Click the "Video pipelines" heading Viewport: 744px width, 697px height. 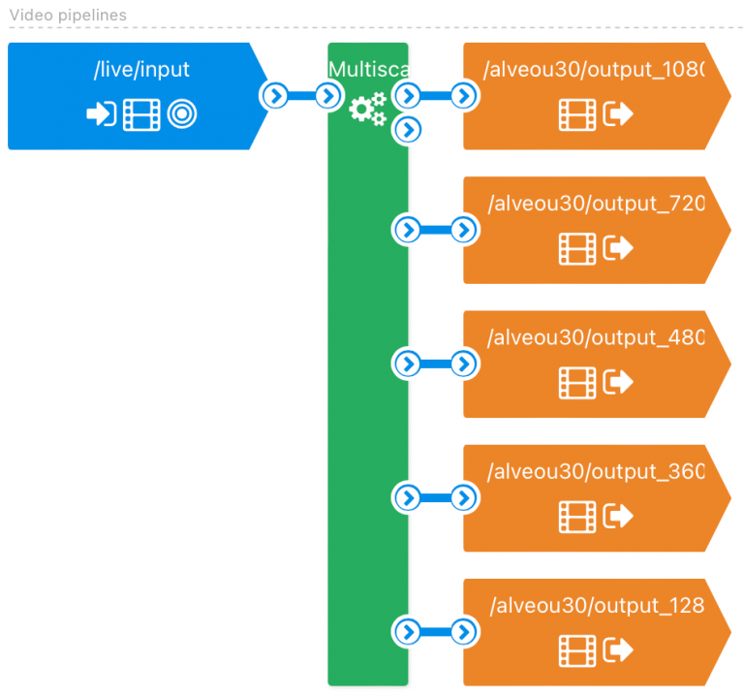click(68, 16)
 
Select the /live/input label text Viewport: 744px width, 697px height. click(141, 69)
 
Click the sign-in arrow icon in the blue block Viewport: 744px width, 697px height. click(101, 115)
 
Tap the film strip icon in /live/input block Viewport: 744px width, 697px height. click(141, 115)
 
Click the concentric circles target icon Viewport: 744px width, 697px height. click(182, 115)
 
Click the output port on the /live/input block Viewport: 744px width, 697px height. click(276, 95)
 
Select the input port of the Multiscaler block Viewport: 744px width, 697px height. click(328, 95)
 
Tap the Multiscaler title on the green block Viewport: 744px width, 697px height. click(368, 69)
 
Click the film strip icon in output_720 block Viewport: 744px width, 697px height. click(577, 249)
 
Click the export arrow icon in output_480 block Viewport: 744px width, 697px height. click(618, 383)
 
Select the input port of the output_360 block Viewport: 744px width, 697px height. click(465, 498)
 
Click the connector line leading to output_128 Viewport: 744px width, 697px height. click(436, 632)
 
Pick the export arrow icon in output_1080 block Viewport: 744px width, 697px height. click(618, 115)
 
